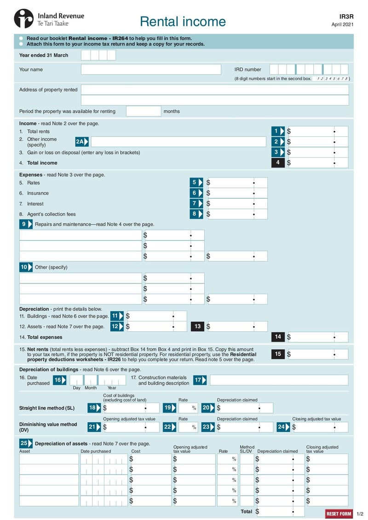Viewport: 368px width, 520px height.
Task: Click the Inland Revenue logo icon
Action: click(x=23, y=19)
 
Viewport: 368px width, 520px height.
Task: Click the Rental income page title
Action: click(x=183, y=21)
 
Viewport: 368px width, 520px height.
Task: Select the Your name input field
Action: click(x=151, y=69)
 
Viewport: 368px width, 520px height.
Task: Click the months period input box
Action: click(x=143, y=111)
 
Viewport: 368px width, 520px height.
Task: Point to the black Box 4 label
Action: click(x=278, y=163)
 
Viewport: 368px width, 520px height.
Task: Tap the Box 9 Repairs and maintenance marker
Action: click(x=26, y=224)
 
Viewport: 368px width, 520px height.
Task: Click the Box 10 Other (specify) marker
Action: click(x=26, y=267)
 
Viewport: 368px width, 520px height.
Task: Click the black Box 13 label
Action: click(x=198, y=326)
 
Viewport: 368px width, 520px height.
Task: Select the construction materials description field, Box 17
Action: click(x=279, y=380)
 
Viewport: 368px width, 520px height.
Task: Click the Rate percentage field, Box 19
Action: click(x=188, y=408)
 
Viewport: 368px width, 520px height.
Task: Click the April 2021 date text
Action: click(x=342, y=25)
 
